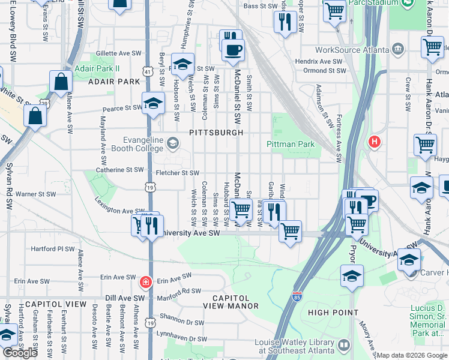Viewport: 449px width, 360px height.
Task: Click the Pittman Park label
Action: click(x=291, y=144)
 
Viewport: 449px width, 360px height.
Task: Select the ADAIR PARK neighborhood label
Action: click(x=113, y=81)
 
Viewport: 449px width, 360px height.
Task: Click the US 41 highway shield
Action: click(x=147, y=71)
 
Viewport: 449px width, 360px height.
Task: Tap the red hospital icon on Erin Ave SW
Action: click(x=145, y=281)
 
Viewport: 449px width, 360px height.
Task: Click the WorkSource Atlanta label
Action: click(x=348, y=48)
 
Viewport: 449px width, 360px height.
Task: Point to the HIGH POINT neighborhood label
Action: click(x=333, y=313)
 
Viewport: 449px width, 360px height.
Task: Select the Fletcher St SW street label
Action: click(x=177, y=173)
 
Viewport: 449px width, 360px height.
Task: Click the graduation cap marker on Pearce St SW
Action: click(x=153, y=103)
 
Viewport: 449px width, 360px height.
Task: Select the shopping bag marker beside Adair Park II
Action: click(x=62, y=83)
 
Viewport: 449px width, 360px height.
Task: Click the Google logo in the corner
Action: click(x=20, y=353)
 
